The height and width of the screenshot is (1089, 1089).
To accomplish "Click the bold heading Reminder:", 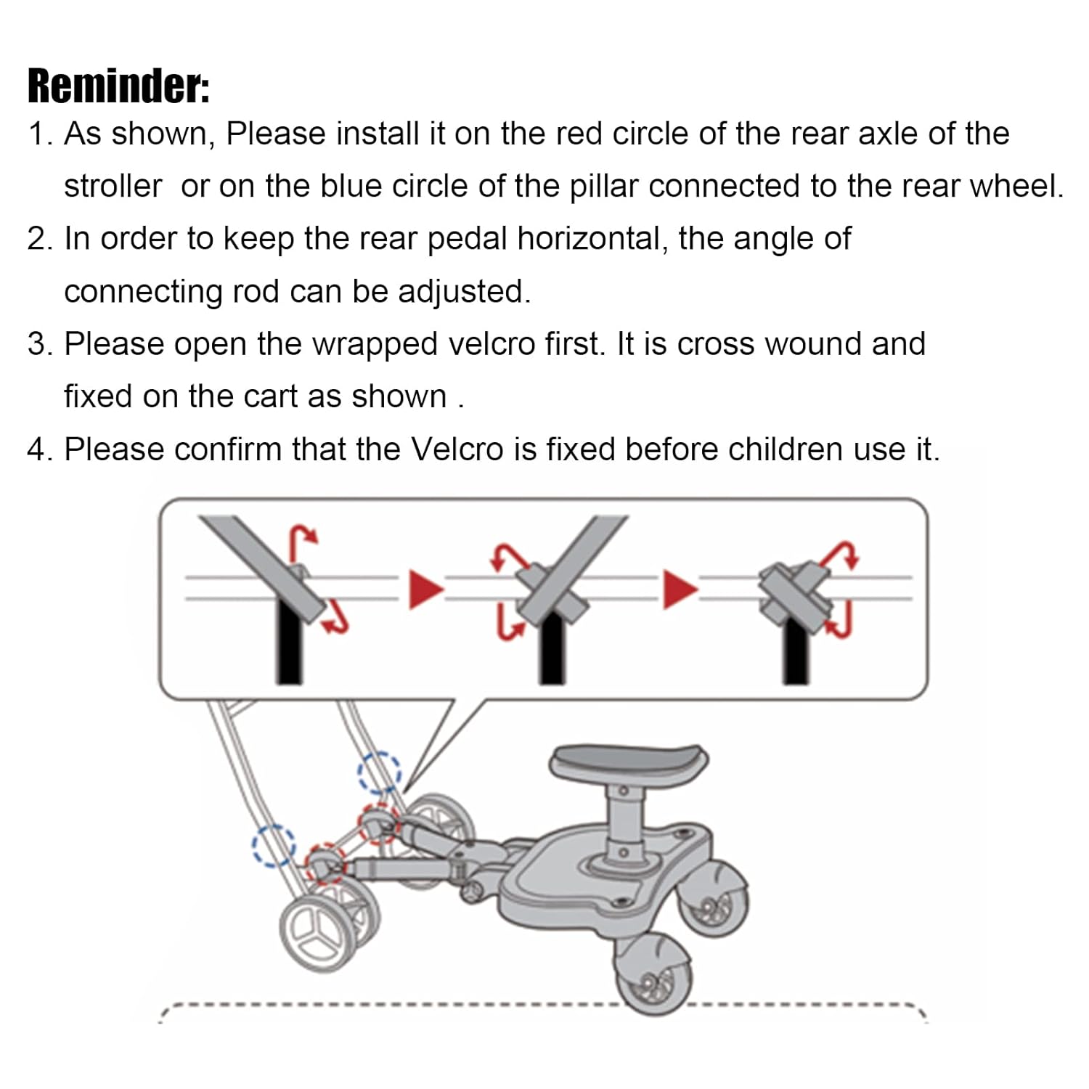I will click(118, 86).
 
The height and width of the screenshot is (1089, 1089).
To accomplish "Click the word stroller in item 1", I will click(113, 187).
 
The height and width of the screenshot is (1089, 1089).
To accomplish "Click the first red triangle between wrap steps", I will click(425, 589).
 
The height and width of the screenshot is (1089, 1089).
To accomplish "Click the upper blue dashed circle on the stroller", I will click(379, 772).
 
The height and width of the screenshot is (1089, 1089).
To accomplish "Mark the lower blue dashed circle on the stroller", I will click(274, 846).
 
